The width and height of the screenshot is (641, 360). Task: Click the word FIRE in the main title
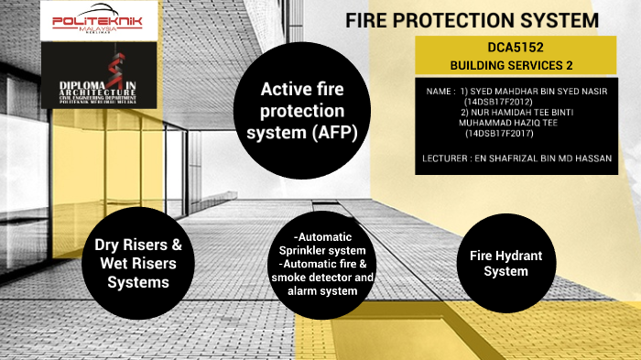coord(368,20)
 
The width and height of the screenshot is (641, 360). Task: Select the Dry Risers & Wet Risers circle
coord(138,264)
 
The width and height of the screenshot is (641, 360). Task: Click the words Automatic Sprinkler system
coord(324,244)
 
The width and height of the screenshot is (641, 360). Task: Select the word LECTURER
coord(448,158)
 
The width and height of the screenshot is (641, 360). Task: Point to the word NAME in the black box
coord(440,92)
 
